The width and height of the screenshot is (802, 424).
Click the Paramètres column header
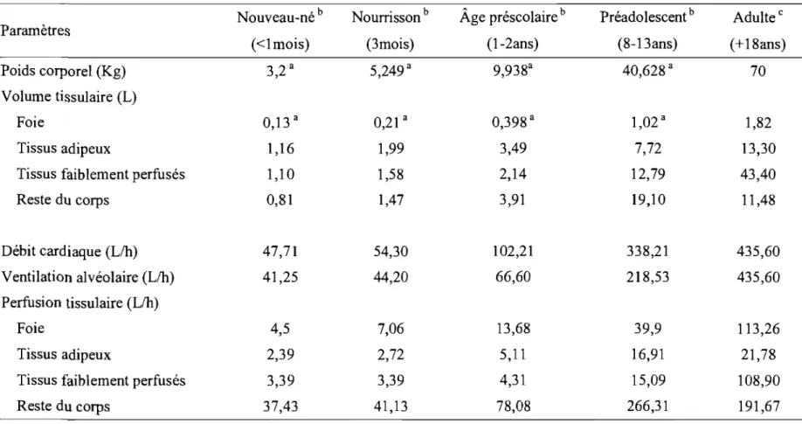pyautogui.click(x=35, y=31)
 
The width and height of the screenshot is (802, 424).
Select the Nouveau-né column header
pyautogui.click(x=280, y=18)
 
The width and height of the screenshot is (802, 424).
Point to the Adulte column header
pyautogui.click(x=757, y=18)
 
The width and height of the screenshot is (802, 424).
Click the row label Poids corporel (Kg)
pyautogui.click(x=64, y=72)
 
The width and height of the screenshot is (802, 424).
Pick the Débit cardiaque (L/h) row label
pyautogui.click(x=70, y=252)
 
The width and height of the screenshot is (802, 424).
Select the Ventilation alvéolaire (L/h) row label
pyautogui.click(x=88, y=277)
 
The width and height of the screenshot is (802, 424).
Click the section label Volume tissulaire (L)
pyautogui.click(x=69, y=97)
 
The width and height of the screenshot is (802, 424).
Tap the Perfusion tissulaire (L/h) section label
pyautogui.click(x=80, y=303)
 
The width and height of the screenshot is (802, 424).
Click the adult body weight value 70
pyautogui.click(x=757, y=71)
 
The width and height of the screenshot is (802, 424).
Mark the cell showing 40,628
pyautogui.click(x=645, y=71)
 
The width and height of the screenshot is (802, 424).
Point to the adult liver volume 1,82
pyautogui.click(x=757, y=123)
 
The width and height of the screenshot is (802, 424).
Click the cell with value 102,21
pyautogui.click(x=513, y=252)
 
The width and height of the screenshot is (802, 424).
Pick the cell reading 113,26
pyautogui.click(x=757, y=328)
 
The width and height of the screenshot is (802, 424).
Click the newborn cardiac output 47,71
pyautogui.click(x=280, y=252)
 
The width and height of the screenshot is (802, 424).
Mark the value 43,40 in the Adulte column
pyautogui.click(x=757, y=174)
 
